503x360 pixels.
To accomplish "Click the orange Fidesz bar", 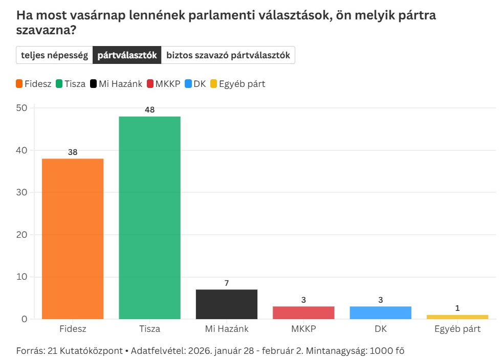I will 73,239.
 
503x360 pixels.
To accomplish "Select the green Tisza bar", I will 149,218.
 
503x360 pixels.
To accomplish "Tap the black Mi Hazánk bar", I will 226,304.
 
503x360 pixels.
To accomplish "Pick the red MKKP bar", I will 303,312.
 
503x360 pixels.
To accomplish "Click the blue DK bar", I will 380,312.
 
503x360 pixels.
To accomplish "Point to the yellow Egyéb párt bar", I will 457,317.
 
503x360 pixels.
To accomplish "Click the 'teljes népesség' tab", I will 54,55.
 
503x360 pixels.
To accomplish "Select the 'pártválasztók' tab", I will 127,55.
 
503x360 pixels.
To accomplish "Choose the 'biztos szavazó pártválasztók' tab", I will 228,55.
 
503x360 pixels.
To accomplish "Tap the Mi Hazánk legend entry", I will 116,84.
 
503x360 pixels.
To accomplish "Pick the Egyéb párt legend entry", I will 237,84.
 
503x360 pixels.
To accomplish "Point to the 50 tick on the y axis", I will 21,108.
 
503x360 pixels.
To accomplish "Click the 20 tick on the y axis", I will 21,235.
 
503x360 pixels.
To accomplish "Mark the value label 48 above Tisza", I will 149,110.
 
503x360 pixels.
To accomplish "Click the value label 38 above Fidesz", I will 73,152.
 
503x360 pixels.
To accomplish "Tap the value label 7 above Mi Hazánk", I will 226,283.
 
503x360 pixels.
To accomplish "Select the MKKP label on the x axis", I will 303,329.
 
